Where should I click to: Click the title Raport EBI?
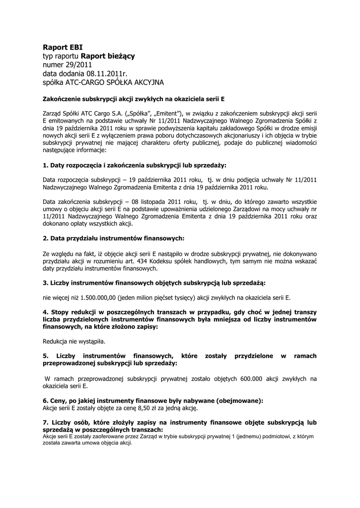[x=60, y=48]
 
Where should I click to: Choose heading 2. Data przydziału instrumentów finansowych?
[x=113, y=238]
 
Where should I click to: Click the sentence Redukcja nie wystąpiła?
[x=74, y=341]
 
